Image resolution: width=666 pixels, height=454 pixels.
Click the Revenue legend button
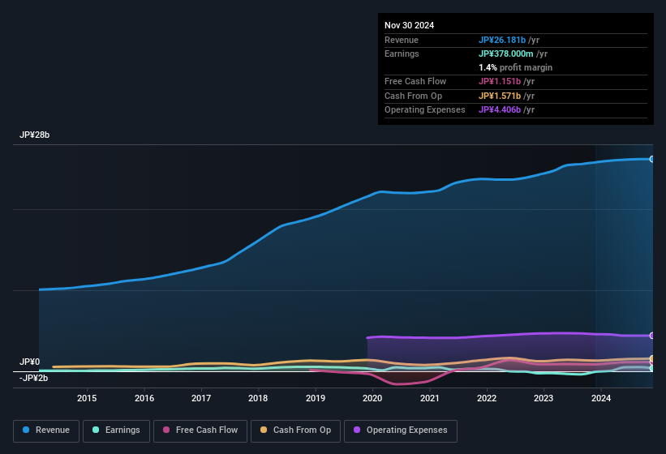coord(46,430)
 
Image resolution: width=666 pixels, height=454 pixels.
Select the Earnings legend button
coord(115,430)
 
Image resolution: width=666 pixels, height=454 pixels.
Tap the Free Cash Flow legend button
coord(199,430)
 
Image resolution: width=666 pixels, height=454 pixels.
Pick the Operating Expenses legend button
coord(401,430)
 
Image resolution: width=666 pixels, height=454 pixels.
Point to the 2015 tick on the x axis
coord(87,398)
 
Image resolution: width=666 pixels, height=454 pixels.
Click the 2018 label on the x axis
coord(258,398)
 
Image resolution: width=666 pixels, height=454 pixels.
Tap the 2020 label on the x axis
coord(372,398)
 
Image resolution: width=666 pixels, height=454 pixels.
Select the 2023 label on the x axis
coord(544,398)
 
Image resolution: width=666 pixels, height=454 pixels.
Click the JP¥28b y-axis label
coord(35,135)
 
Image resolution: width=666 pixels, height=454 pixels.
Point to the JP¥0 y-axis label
coord(30,362)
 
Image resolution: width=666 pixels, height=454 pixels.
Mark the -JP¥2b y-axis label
coord(33,378)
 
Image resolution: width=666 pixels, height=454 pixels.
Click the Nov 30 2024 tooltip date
coord(409,25)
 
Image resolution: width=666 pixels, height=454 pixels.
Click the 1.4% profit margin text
coord(515,67)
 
